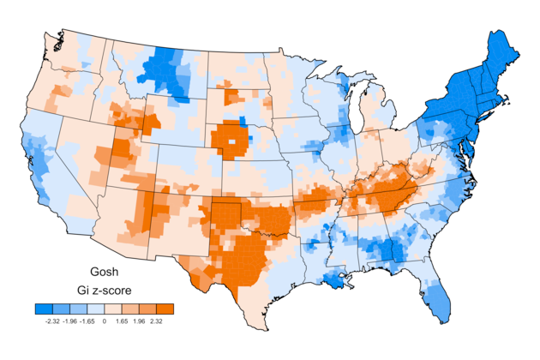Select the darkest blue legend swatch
click(44, 309)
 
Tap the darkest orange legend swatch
click(165, 309)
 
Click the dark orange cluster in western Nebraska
click(229, 140)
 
